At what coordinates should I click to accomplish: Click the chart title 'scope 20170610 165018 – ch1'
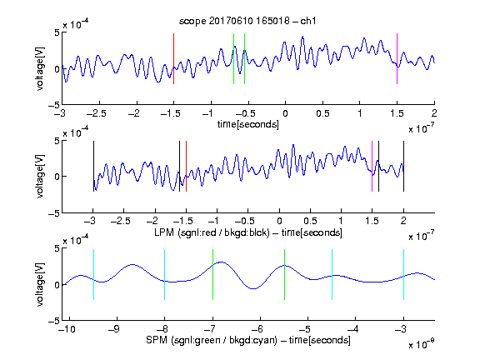pyautogui.click(x=247, y=21)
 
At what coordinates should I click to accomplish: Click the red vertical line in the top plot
pyautogui.click(x=174, y=58)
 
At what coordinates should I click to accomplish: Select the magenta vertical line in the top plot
pyautogui.click(x=397, y=58)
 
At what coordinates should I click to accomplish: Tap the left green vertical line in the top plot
pyautogui.click(x=233, y=58)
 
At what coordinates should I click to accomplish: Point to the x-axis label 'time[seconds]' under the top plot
pyautogui.click(x=248, y=124)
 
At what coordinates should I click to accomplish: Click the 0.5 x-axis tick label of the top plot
pyautogui.click(x=322, y=113)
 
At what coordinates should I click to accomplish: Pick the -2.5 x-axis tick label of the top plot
pyautogui.click(x=97, y=113)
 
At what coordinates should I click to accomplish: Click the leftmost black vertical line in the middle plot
pyautogui.click(x=93, y=166)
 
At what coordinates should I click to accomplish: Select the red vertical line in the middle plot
pyautogui.click(x=186, y=166)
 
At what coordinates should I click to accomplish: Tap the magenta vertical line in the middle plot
pyautogui.click(x=372, y=166)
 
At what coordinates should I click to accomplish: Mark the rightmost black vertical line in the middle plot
pyautogui.click(x=404, y=166)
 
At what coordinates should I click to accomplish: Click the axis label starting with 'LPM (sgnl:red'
pyautogui.click(x=248, y=232)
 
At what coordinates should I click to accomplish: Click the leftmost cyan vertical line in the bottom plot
pyautogui.click(x=93, y=275)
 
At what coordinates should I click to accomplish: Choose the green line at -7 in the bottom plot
pyautogui.click(x=212, y=275)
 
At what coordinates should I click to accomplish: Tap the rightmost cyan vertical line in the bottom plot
pyautogui.click(x=404, y=275)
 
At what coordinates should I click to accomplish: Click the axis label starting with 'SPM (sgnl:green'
pyautogui.click(x=248, y=340)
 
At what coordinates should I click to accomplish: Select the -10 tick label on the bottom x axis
pyautogui.click(x=67, y=329)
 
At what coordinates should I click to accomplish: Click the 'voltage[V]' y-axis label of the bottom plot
pyautogui.click(x=40, y=284)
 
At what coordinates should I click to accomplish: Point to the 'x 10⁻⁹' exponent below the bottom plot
pyautogui.click(x=422, y=344)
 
